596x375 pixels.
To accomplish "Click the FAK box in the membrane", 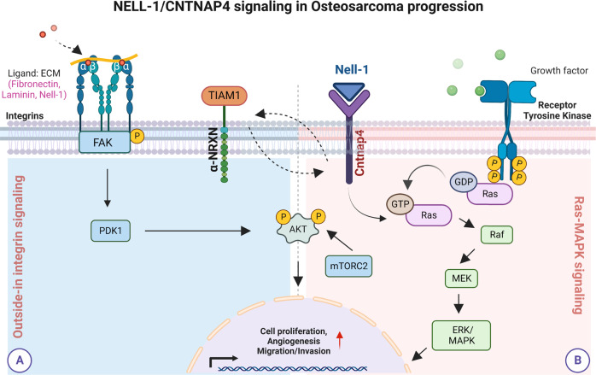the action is tap(104, 143).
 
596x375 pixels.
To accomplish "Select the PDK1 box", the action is tap(111, 231).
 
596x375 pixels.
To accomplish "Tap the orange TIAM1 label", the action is tap(225, 96).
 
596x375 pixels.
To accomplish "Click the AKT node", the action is tap(298, 229).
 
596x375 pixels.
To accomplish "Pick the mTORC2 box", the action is tap(348, 266).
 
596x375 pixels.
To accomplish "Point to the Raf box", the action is tap(497, 235).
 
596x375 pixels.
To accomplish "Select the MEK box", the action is tap(461, 278).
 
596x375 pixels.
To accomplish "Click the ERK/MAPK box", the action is tap(461, 336).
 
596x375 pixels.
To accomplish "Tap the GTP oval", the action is tap(400, 204).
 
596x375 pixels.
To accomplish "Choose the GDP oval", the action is tap(464, 181).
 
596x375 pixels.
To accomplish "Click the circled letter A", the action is tap(20, 360).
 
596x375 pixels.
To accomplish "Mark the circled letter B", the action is tap(577, 360).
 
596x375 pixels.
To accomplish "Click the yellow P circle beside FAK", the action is tap(137, 136).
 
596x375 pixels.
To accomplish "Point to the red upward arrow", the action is tap(340, 340).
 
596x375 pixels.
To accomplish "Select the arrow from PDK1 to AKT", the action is tap(197, 231).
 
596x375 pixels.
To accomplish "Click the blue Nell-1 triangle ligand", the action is tap(349, 91).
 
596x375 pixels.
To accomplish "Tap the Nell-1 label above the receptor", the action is tap(352, 69).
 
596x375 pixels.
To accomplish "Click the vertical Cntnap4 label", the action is tap(359, 153).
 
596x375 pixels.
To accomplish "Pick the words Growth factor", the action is tap(559, 71).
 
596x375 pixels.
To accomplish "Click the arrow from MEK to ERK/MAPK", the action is tap(459, 303).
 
